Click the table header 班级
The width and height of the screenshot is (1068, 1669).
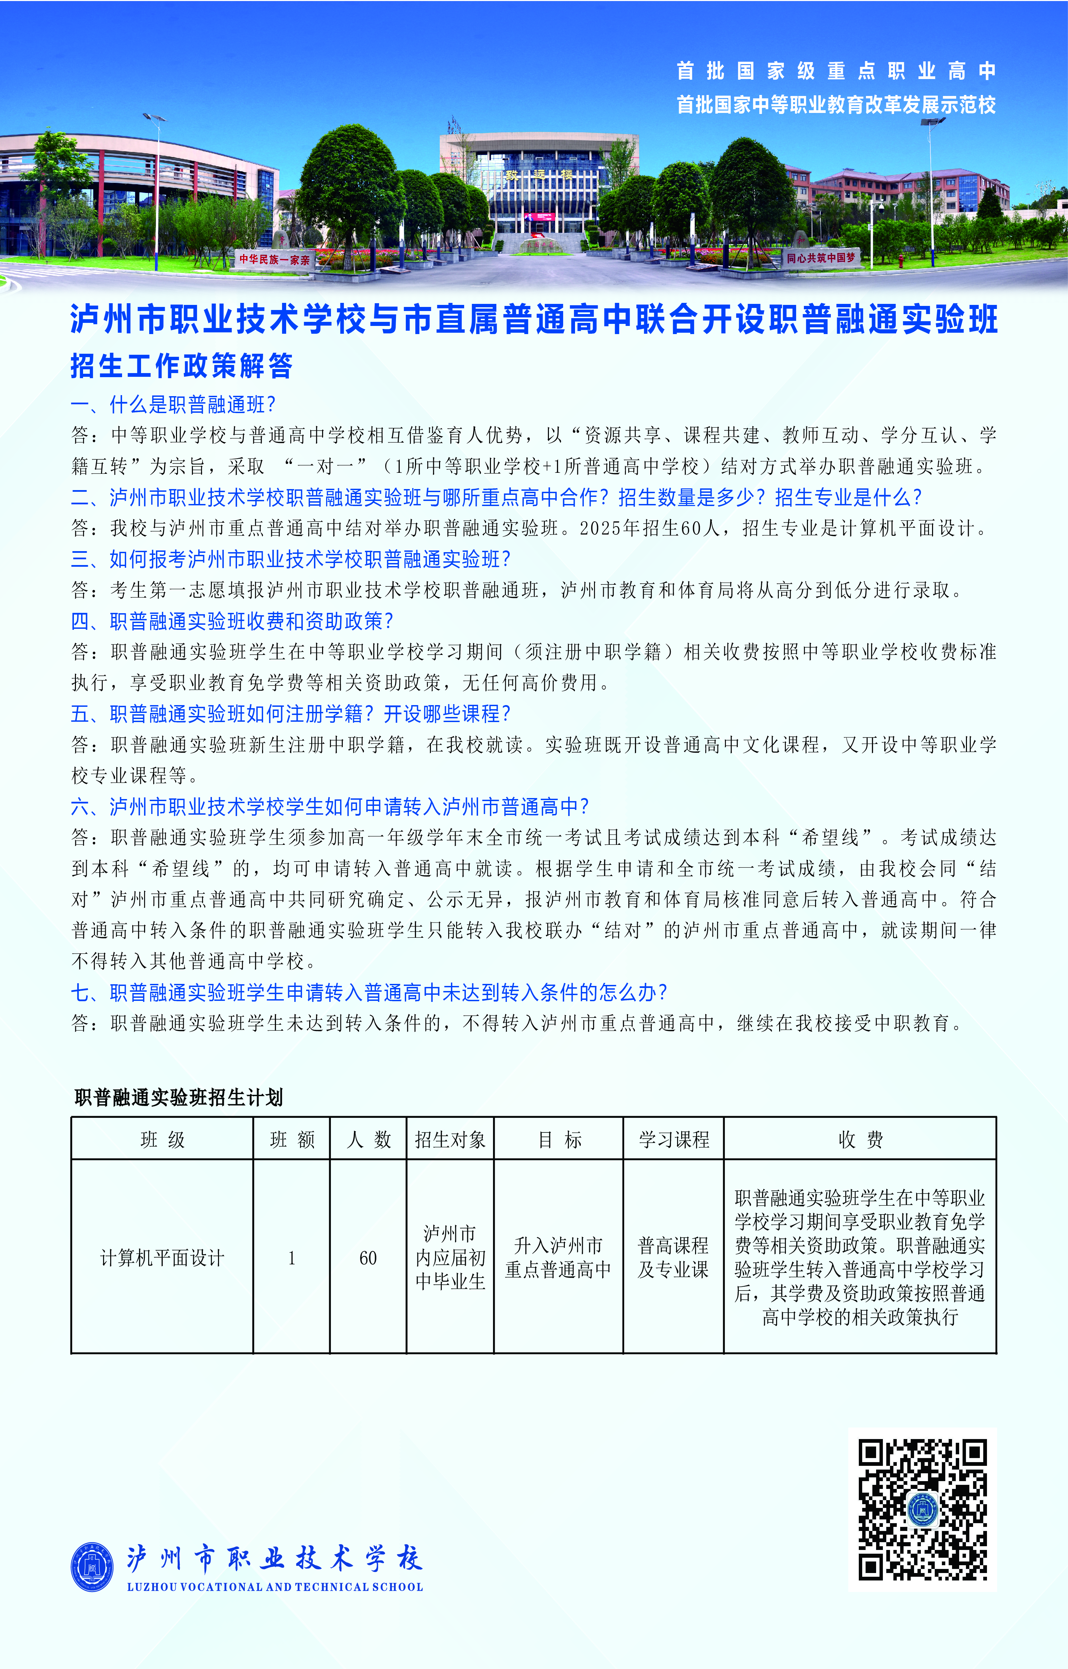(162, 1139)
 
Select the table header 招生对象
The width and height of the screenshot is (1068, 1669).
(450, 1139)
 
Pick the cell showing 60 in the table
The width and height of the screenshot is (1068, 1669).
(368, 1258)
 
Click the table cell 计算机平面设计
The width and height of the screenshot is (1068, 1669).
(162, 1258)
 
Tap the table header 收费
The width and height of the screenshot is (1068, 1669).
(860, 1139)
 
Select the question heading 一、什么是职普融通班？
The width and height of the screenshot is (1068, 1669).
(173, 404)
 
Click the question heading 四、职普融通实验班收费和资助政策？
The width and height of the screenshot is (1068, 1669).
(232, 621)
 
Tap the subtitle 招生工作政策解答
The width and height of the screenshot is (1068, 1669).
(182, 366)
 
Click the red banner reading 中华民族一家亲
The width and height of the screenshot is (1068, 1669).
(275, 259)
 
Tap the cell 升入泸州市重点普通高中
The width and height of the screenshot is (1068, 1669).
(558, 1258)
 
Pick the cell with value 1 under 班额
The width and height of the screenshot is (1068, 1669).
(292, 1258)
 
